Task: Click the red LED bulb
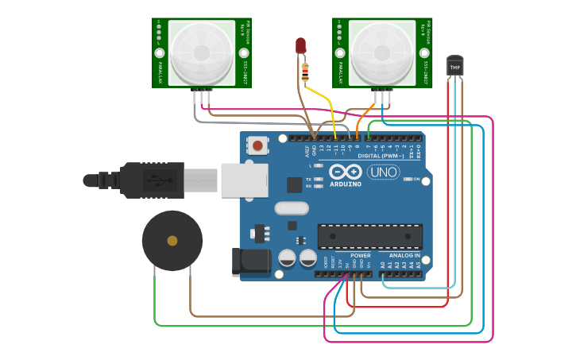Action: (x=301, y=46)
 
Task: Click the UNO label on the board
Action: (x=382, y=172)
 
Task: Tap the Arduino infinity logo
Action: (x=346, y=172)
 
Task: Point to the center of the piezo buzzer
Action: (x=172, y=240)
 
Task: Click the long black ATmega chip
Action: (x=369, y=236)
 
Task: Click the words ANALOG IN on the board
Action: (x=404, y=255)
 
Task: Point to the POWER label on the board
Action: (x=360, y=255)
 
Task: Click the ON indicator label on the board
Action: (x=416, y=180)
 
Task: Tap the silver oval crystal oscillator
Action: (x=292, y=208)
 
